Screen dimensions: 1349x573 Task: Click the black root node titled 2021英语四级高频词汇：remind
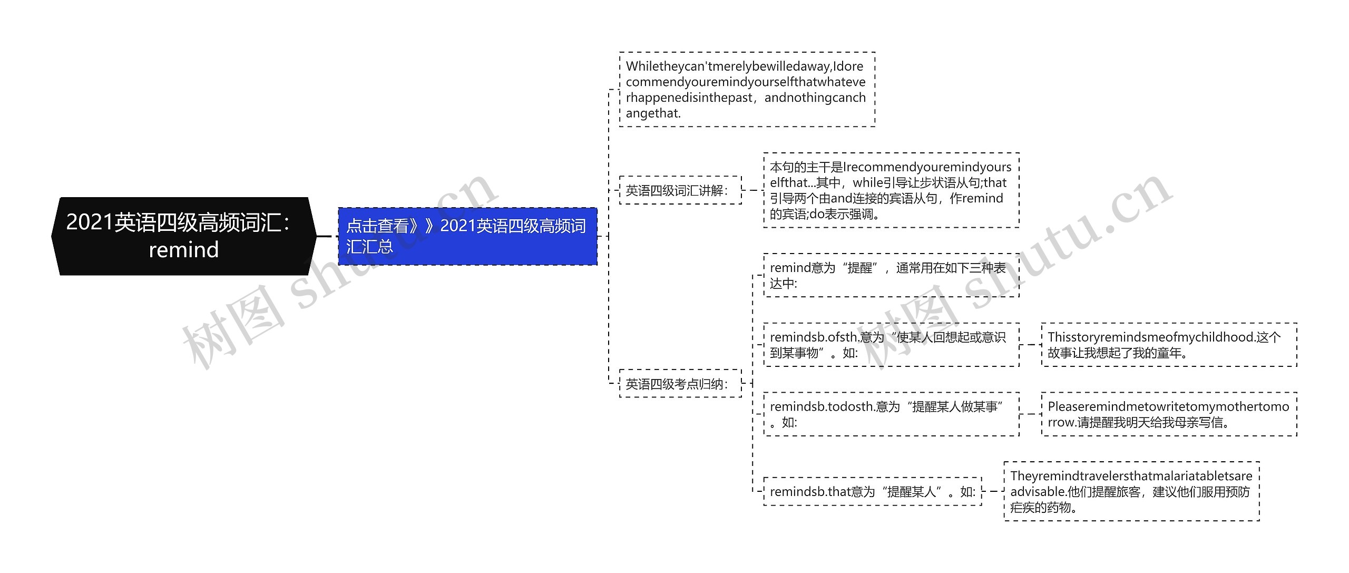pos(184,236)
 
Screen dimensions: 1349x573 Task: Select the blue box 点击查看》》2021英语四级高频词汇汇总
pos(467,236)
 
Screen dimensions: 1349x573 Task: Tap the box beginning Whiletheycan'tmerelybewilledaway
pos(747,90)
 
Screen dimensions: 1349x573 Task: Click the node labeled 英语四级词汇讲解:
pos(680,190)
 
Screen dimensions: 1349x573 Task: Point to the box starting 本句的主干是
pos(891,190)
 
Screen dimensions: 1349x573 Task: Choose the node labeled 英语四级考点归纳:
pos(680,384)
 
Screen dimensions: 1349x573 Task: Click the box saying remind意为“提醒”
pos(891,275)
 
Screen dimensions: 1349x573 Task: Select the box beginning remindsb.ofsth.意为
pos(891,345)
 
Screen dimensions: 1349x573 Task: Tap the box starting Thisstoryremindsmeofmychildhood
pos(1169,345)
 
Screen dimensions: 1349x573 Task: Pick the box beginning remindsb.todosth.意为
pos(891,414)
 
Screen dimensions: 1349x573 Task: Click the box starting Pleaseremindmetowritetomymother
pos(1169,414)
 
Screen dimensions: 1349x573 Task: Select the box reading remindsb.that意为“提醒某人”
pos(872,491)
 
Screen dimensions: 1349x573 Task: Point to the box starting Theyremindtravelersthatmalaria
pos(1131,491)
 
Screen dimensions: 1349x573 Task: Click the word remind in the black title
pos(184,250)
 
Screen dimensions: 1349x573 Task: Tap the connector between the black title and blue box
pos(327,236)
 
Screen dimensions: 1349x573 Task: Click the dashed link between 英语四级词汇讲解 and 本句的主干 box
pos(752,190)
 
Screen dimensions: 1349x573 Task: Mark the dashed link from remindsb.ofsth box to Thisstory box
pos(1030,345)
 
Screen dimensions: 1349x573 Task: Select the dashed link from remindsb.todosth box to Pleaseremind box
pos(1030,414)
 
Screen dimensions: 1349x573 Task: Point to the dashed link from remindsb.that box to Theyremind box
pos(993,491)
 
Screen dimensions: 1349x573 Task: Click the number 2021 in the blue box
pos(458,226)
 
